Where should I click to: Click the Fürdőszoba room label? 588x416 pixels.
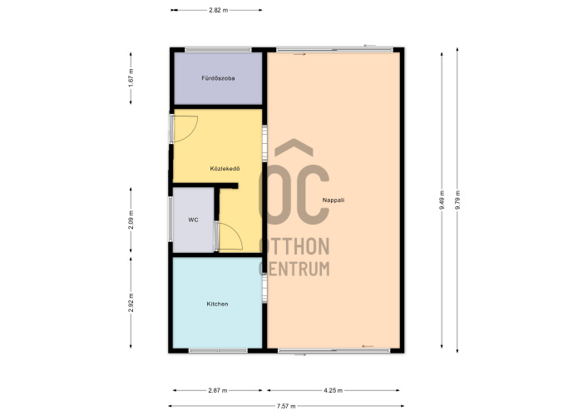coord(218,78)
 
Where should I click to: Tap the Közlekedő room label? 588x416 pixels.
coord(225,169)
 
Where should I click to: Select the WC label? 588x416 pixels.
coord(193,220)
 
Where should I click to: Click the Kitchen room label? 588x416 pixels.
coord(218,304)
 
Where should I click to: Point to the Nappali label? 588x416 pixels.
coord(334,201)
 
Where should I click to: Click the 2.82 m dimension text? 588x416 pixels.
coord(218,10)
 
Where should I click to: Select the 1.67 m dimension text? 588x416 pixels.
coord(131,78)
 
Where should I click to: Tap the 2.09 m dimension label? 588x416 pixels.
coord(131,220)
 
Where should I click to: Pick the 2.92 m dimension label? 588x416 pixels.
coord(131,302)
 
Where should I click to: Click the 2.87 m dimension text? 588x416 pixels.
coord(218,390)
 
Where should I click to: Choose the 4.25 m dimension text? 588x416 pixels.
coord(333,390)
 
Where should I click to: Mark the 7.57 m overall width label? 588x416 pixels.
coord(286,406)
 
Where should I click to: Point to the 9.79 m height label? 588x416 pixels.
coord(457,200)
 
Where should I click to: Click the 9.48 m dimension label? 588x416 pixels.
coord(442,200)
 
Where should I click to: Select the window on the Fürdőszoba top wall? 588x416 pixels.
coord(218,50)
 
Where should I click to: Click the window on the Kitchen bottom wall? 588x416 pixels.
coord(218,351)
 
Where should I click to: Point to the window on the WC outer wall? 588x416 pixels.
coord(170,219)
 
